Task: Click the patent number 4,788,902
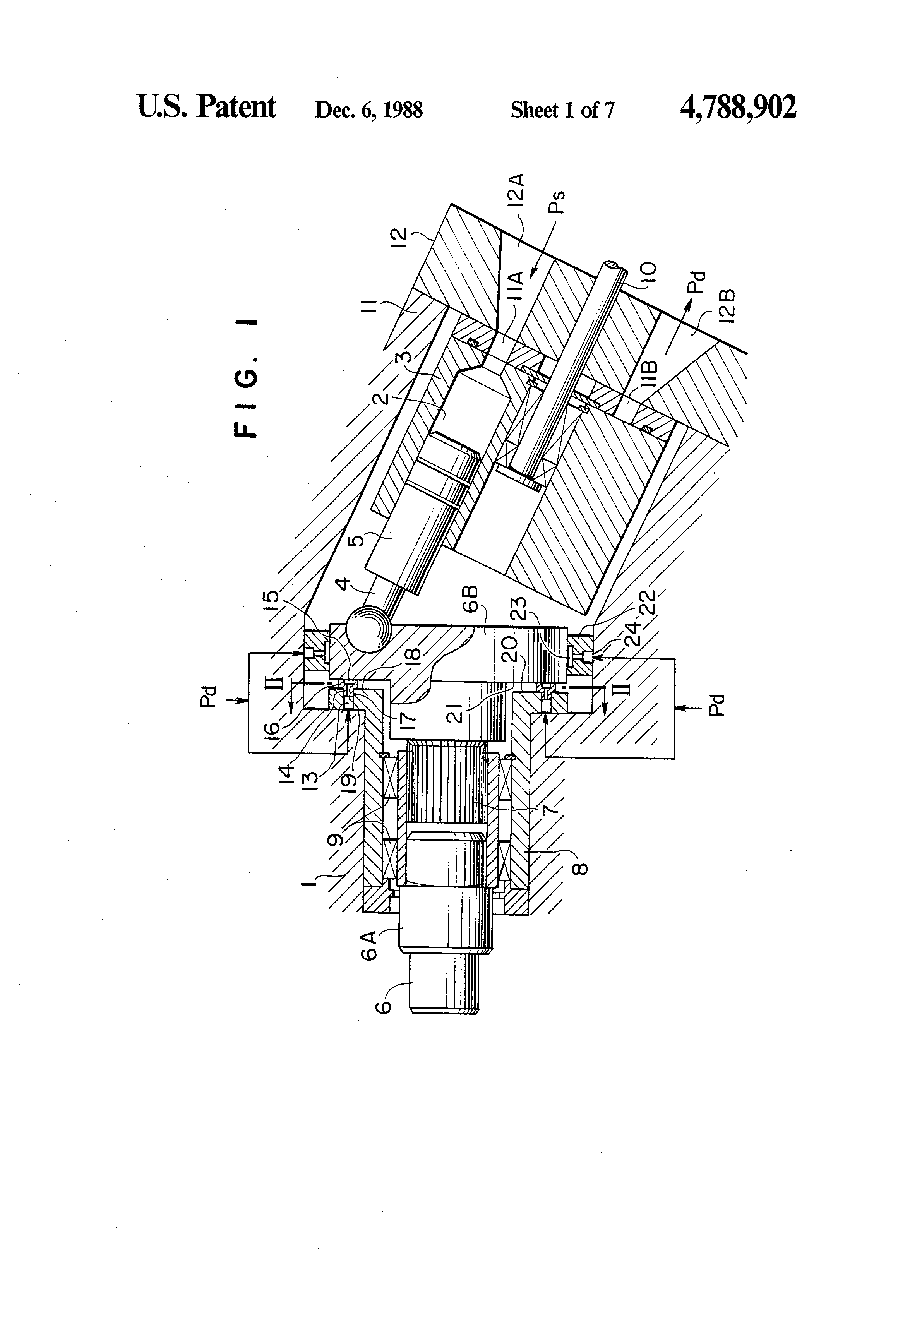[x=738, y=107]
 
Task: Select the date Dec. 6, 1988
[x=368, y=110]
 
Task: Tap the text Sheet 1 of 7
[x=562, y=110]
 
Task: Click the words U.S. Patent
[x=207, y=107]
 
